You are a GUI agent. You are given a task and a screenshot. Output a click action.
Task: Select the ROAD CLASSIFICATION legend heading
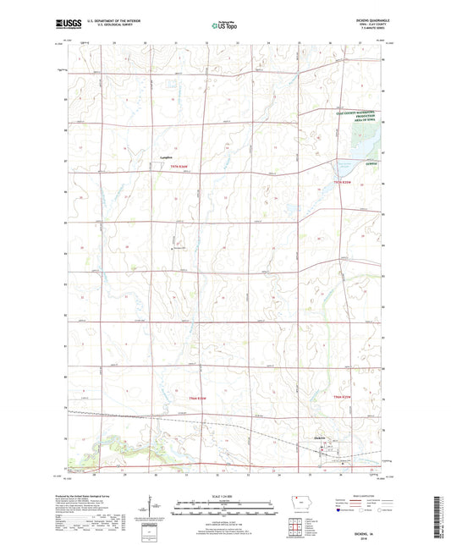click(360, 495)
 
